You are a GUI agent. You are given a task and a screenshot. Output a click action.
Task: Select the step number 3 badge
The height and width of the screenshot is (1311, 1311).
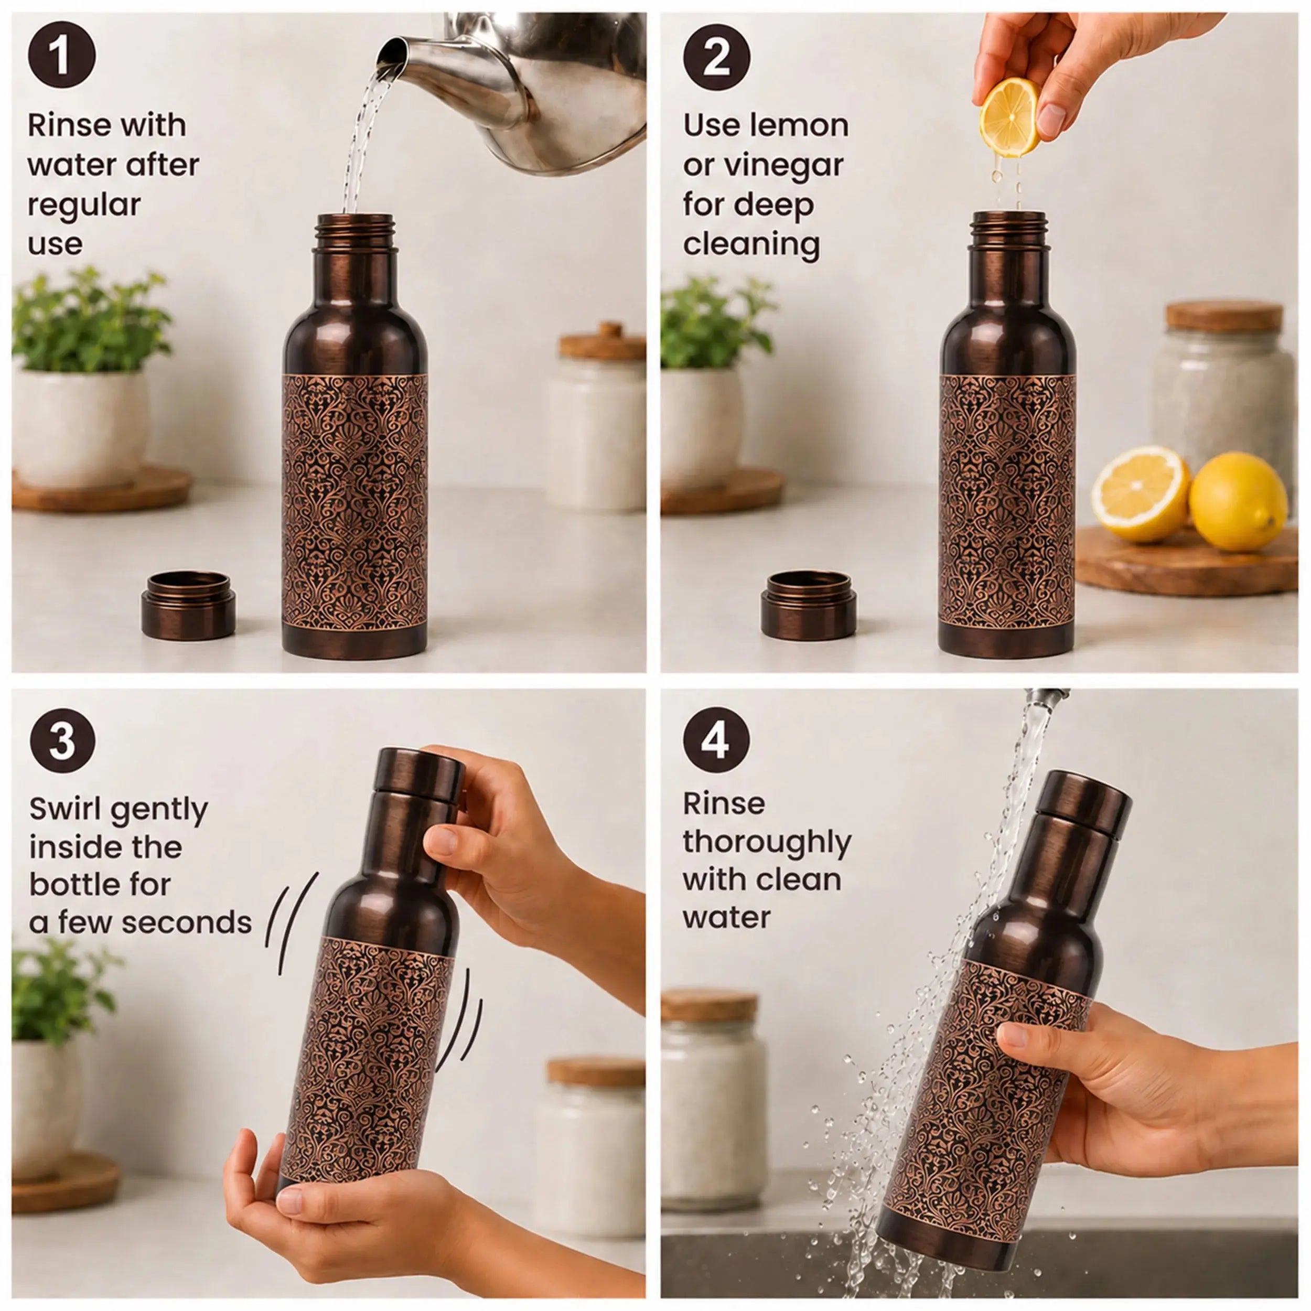(62, 739)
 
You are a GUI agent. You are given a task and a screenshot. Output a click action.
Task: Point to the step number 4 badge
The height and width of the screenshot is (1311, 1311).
(716, 739)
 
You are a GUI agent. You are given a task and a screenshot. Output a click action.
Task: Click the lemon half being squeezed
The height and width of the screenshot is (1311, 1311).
(1009, 117)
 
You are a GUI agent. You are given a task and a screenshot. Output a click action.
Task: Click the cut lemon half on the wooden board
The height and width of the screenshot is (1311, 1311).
(1141, 493)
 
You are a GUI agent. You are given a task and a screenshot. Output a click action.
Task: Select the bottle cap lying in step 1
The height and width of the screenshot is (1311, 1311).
(188, 605)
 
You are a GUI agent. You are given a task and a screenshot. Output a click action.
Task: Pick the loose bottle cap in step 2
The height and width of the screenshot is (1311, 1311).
(808, 605)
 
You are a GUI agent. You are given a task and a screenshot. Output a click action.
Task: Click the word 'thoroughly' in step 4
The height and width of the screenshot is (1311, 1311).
(767, 843)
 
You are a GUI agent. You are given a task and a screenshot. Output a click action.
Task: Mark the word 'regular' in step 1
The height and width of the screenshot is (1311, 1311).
(84, 206)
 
